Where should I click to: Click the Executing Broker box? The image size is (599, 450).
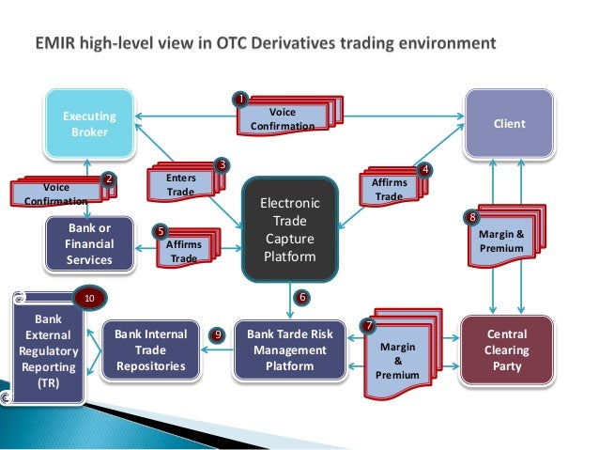point(89,124)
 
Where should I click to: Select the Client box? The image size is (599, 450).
point(510,124)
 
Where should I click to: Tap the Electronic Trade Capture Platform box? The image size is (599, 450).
point(289,229)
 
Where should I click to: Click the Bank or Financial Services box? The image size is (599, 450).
point(89,243)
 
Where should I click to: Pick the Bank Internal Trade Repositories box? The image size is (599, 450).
point(150,349)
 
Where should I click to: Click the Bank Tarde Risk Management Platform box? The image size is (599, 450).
point(289,349)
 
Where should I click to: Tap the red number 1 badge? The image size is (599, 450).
point(240,98)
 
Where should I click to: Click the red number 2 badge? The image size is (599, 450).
point(109,178)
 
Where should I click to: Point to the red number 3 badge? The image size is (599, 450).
point(222,165)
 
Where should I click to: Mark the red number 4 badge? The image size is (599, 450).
point(425,170)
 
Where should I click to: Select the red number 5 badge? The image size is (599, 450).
point(161,230)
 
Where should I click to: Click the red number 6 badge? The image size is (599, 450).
point(302,297)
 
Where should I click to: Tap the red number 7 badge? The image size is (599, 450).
point(368,325)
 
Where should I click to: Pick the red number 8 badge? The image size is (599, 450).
point(472,218)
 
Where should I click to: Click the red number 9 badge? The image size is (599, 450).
point(218,334)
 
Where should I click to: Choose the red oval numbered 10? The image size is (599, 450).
point(89,299)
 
